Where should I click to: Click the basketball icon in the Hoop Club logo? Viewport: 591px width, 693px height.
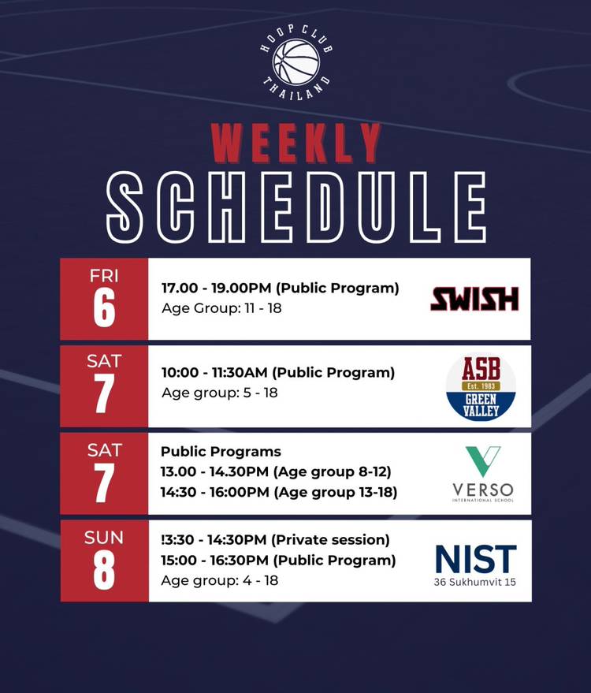296,61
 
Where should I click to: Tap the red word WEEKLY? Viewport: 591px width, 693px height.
295,143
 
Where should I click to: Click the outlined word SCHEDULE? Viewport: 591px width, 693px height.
296,207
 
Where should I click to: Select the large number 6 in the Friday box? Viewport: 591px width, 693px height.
104,308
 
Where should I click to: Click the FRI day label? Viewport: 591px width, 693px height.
104,276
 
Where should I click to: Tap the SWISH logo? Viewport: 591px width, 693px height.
474,299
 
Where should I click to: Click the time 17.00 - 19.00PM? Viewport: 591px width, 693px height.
216,288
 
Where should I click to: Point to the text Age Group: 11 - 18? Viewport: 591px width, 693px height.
221,308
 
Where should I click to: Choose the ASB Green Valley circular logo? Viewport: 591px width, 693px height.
481,387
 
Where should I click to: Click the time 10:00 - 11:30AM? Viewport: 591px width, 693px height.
214,373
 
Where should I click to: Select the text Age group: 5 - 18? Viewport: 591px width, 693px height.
220,393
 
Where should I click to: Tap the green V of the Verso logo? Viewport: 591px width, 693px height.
483,461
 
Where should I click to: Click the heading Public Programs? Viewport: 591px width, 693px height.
221,452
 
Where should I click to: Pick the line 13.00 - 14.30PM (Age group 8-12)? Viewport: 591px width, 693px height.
276,472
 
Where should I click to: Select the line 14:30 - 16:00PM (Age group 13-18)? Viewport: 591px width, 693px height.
279,492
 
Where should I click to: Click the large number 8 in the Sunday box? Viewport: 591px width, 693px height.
104,570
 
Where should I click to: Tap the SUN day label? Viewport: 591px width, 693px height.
104,538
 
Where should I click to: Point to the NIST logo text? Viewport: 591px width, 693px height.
476,559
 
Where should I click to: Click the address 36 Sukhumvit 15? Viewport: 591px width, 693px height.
475,582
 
